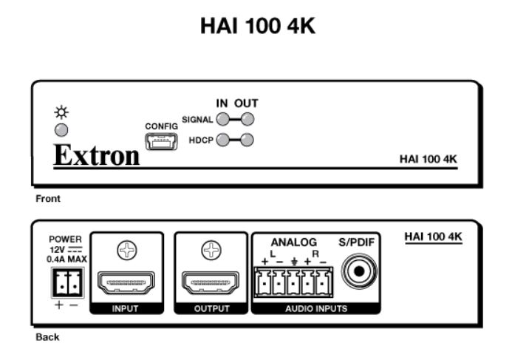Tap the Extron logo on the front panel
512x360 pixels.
(97, 157)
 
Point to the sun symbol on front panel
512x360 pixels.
(63, 113)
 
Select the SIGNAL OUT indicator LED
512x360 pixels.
(248, 119)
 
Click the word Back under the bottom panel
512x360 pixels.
(46, 337)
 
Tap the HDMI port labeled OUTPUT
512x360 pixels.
(211, 284)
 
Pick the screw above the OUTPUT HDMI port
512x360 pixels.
(211, 251)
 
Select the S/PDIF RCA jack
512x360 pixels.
(360, 271)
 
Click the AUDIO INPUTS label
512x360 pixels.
(316, 308)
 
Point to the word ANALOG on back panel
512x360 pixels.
(293, 242)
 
